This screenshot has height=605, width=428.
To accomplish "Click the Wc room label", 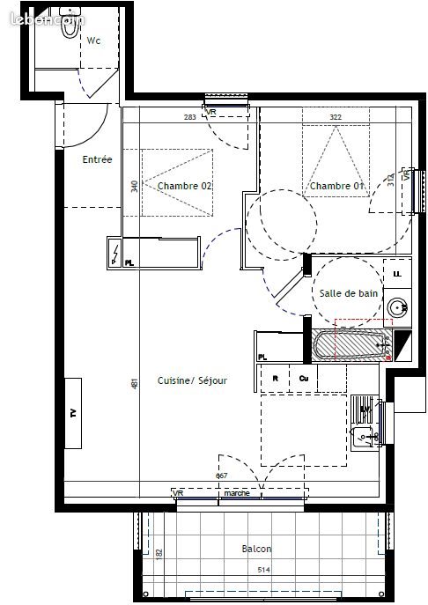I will tap(92, 40).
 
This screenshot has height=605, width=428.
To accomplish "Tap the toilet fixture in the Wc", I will tap(45, 27).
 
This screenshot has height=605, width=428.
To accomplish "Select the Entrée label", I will tap(97, 159).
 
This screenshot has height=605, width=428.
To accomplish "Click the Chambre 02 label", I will tap(185, 186).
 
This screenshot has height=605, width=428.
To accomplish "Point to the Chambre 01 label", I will tap(335, 186).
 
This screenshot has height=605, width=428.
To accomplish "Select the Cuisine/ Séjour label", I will tap(192, 380).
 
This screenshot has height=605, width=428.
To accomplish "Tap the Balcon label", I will tap(256, 549).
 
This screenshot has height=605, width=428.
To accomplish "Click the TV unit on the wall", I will tap(74, 414).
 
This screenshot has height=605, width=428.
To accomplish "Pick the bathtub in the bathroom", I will tap(352, 345).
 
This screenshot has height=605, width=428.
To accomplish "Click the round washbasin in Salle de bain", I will tap(398, 307).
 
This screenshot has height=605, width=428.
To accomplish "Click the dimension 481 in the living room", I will tap(134, 384).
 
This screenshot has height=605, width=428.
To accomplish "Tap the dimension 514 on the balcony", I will tap(263, 571).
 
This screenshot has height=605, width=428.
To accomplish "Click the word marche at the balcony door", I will tap(236, 494).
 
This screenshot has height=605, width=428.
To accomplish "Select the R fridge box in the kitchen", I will tap(276, 379).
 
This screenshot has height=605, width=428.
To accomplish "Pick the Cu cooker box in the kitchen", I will tap(303, 379).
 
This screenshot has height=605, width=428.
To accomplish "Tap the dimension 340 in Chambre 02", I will tap(134, 187).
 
